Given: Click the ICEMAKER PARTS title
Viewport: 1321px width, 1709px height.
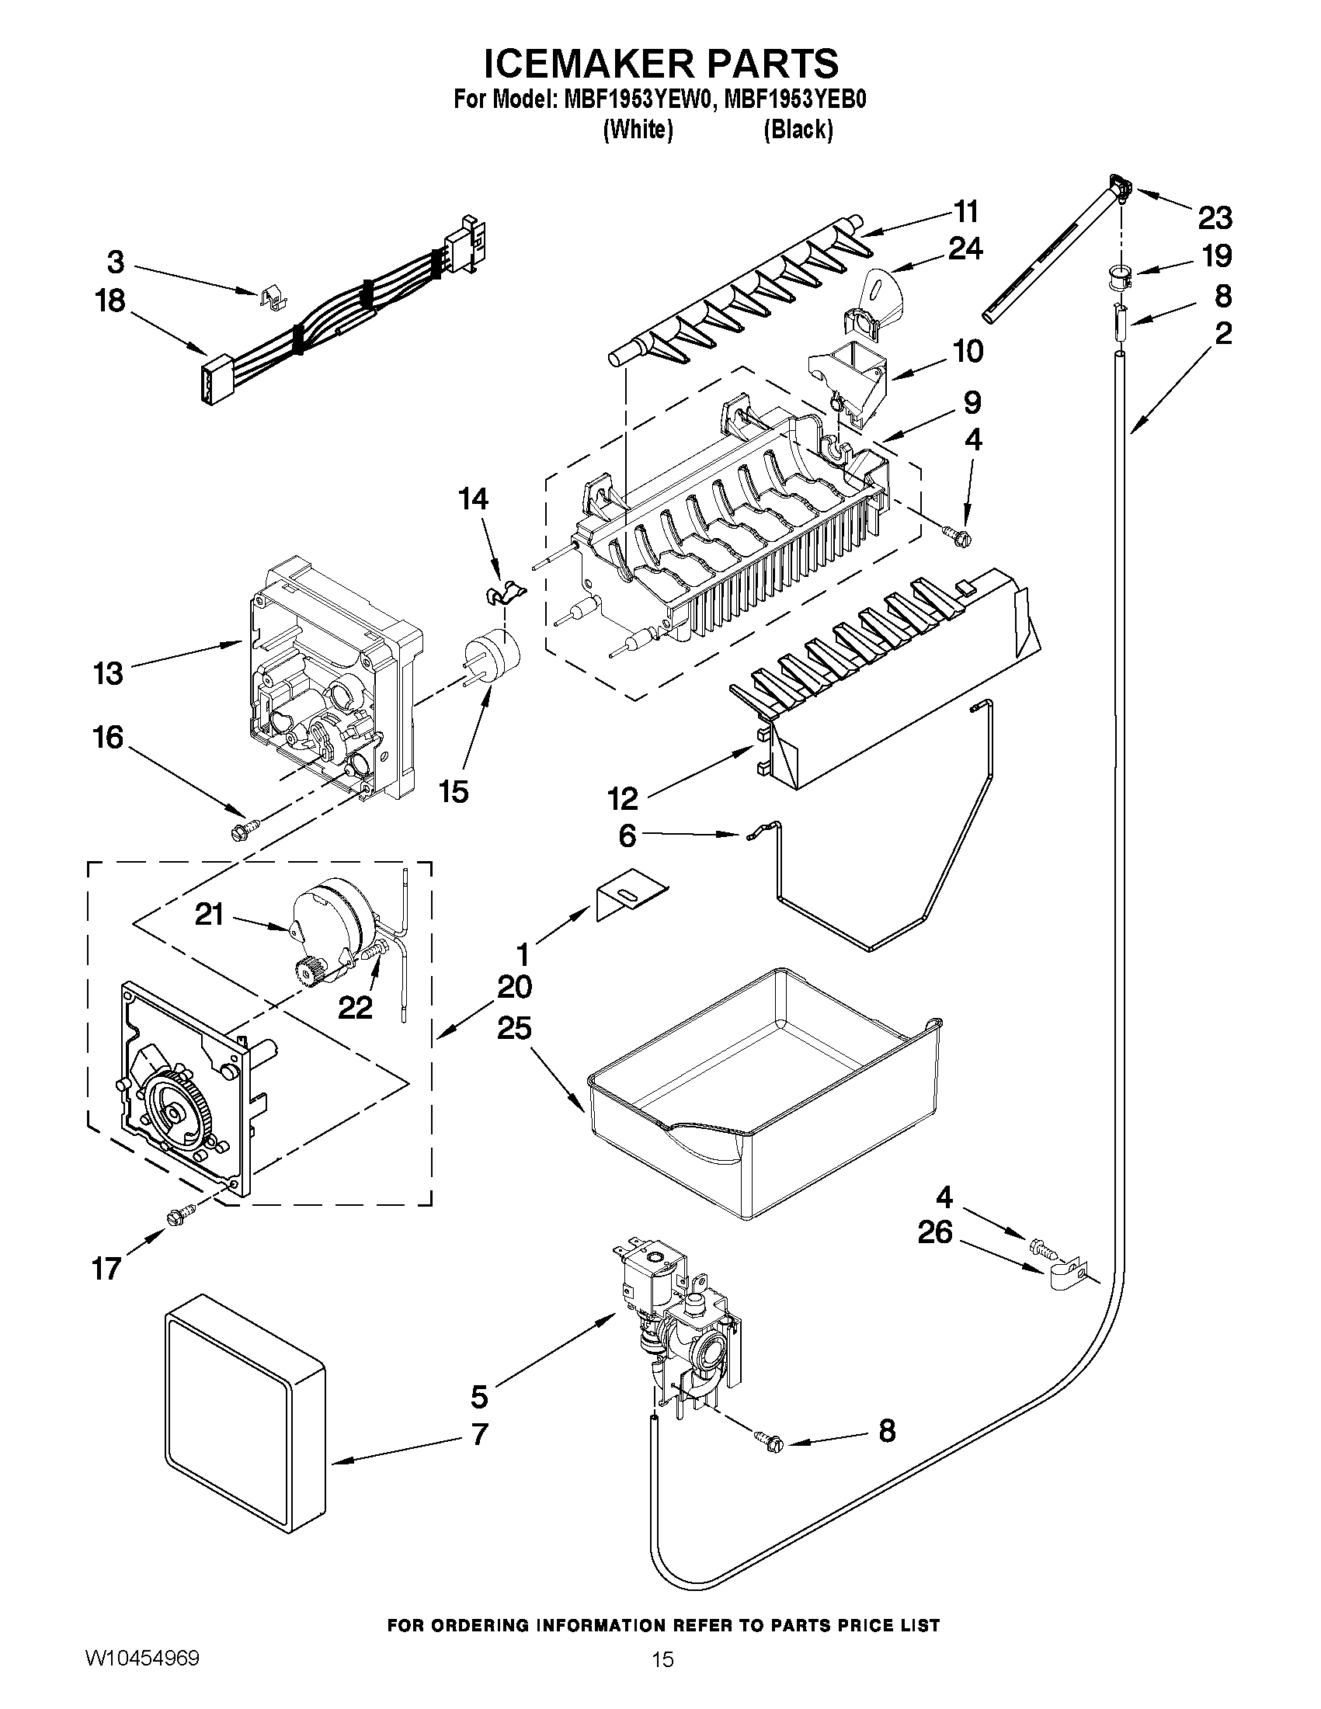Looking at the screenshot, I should (660, 63).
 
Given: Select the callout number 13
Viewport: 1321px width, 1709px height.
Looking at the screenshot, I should (108, 672).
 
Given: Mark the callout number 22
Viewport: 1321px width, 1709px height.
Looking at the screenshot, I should (354, 1009).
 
